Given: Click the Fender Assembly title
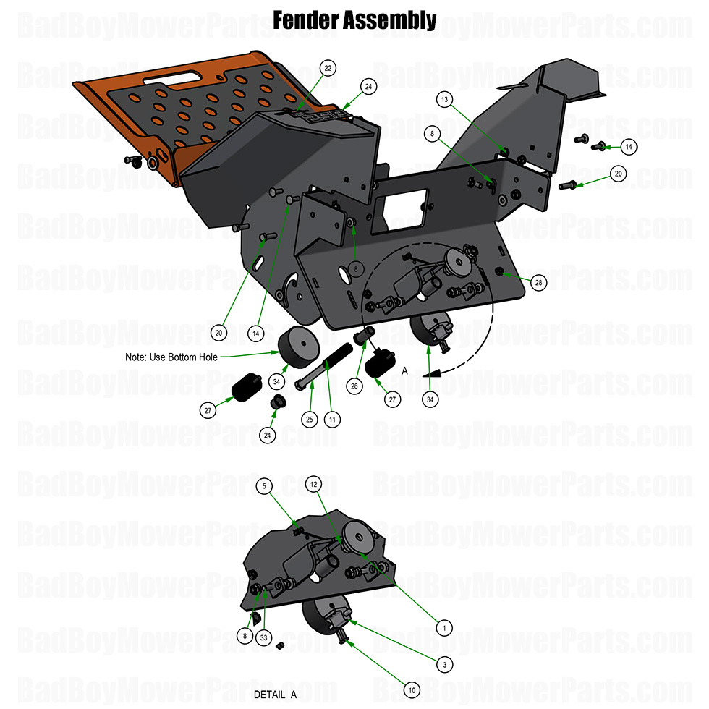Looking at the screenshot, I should [354, 20].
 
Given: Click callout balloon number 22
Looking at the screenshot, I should [328, 68].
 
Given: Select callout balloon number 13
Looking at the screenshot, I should [446, 99].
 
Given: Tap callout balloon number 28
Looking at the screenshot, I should [538, 283].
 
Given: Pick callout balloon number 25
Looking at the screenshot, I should [310, 419].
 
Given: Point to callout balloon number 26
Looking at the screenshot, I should [354, 386].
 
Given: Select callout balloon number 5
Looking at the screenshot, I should [265, 486].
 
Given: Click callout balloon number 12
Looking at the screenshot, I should [313, 483].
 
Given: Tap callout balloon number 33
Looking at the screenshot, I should [265, 637].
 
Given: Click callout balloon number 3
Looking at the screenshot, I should [444, 663].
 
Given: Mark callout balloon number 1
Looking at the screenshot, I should [444, 627].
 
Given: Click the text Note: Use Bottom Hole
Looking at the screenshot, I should [171, 357].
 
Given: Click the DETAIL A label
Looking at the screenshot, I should [275, 695].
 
